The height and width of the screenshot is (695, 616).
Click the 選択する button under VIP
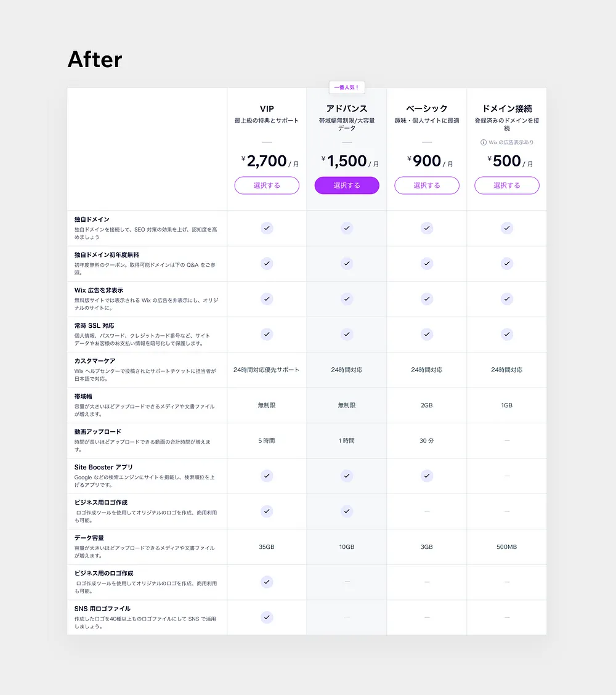[267, 185]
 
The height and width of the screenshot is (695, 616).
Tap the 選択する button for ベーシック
[427, 185]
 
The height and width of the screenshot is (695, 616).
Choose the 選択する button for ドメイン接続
[506, 185]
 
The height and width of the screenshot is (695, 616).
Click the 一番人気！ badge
[346, 87]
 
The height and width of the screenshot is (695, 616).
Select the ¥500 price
[507, 161]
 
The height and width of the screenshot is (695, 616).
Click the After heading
[95, 60]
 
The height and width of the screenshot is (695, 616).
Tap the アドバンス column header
[347, 108]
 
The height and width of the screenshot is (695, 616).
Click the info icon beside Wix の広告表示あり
[484, 142]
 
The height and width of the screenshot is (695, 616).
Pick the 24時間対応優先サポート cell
[267, 370]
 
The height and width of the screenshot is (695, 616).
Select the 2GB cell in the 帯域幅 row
[427, 405]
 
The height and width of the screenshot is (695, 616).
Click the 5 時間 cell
[267, 441]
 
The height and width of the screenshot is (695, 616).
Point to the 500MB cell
[507, 547]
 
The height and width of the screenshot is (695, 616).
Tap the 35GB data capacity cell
[267, 547]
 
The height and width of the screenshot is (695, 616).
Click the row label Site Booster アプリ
[103, 467]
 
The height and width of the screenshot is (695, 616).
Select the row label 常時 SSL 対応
[94, 325]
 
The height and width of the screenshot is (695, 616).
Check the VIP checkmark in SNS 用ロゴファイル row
[267, 617]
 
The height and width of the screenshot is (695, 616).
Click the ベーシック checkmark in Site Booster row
[427, 476]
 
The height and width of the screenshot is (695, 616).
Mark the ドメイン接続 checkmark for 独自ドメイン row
[507, 228]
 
